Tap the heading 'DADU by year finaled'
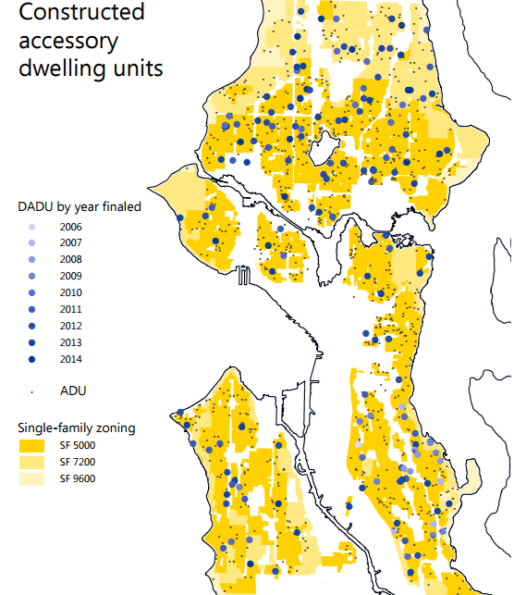coord(80,206)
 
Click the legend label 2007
coord(70,243)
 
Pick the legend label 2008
coord(70,260)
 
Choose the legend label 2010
coord(70,293)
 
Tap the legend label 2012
coord(70,327)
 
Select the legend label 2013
coord(70,343)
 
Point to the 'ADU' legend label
coord(73,390)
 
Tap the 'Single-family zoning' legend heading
coord(77,428)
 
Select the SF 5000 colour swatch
coord(32,445)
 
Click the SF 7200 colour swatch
coord(32,462)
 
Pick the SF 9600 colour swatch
coord(32,478)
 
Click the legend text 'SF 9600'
coord(78,478)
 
